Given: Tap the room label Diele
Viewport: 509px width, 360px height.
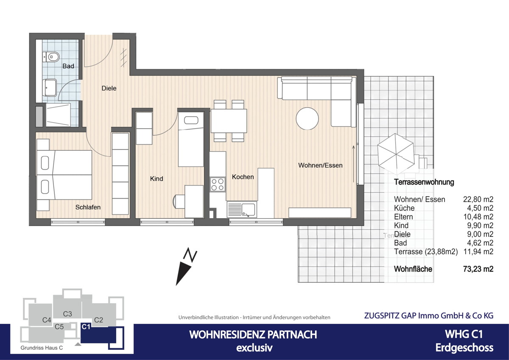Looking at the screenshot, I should pos(109,88).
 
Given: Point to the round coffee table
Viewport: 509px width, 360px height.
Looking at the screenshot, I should pos(307,118).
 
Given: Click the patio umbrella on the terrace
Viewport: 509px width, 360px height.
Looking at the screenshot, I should pos(395,151).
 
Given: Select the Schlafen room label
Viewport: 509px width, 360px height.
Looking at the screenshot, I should pos(88,207).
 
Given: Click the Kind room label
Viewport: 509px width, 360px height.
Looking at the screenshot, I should pos(157,179).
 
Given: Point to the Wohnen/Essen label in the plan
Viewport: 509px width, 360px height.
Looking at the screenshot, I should pos(320,165).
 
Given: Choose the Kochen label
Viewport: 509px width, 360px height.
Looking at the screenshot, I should pos(243,177).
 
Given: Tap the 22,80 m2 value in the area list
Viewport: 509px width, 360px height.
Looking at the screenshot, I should pos(479,199).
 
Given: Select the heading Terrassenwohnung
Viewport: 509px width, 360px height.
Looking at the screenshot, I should pos(424,182).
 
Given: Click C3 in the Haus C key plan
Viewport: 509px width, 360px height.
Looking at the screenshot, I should pos(67,314).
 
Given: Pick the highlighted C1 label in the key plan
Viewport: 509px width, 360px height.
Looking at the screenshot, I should pos(86,326).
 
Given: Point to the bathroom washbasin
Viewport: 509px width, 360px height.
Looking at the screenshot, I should pos(50,87).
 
